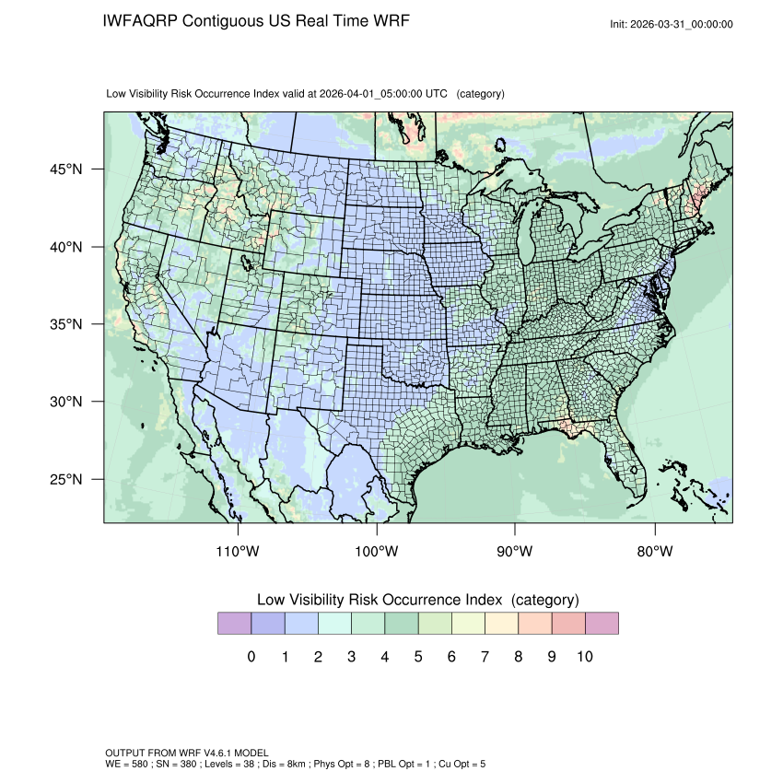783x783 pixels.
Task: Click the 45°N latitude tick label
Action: click(x=65, y=169)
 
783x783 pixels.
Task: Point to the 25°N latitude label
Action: click(x=65, y=479)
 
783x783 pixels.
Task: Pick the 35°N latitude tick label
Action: click(x=65, y=324)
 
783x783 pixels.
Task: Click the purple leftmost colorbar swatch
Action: click(x=234, y=624)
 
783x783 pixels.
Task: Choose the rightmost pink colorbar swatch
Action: click(x=602, y=624)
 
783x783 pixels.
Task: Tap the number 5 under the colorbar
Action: click(x=417, y=657)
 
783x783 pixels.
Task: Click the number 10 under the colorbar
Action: click(x=584, y=657)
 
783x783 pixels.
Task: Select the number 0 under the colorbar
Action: click(x=251, y=657)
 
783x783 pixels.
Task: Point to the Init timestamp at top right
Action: click(x=672, y=24)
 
